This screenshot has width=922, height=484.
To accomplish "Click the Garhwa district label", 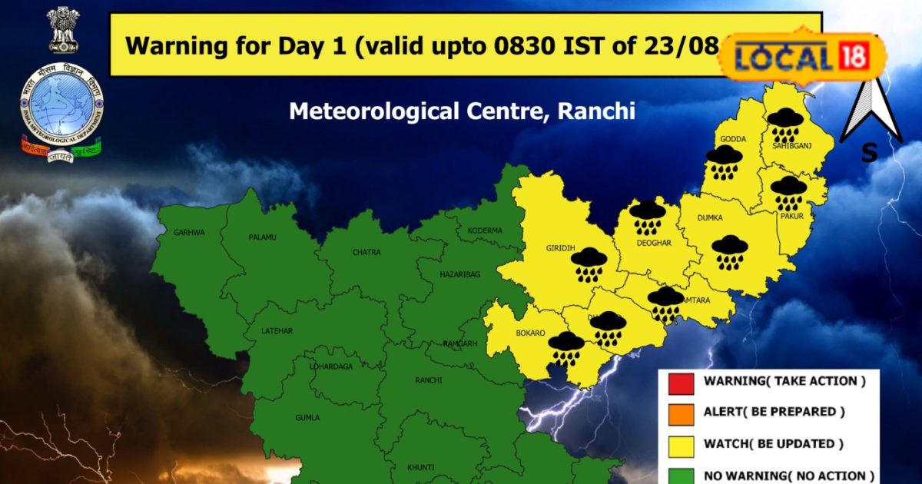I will [189, 231].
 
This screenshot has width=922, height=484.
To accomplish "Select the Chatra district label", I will [366, 252].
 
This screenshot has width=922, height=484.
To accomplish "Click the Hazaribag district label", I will [459, 273].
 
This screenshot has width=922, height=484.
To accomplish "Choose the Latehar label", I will [277, 330].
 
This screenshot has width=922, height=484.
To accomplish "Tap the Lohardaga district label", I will [331, 366].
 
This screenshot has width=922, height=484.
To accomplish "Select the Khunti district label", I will [421, 467].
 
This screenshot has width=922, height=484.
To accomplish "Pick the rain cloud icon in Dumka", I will [730, 252].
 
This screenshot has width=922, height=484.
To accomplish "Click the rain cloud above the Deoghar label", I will [648, 217].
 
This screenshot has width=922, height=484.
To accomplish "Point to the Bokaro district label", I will [531, 333].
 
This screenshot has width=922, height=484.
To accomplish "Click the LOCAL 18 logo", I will [804, 56].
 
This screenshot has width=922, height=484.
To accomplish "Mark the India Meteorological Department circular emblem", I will [61, 100].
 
